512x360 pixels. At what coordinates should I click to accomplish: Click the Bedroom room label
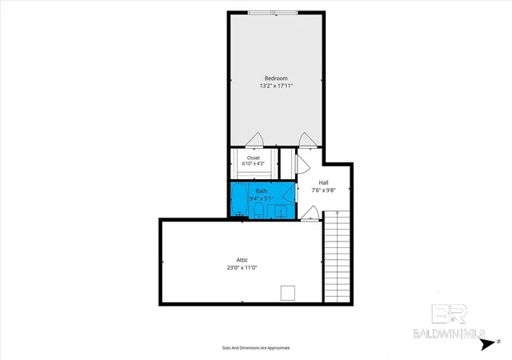click(276, 78)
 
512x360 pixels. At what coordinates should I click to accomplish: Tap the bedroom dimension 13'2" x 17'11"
click(276, 86)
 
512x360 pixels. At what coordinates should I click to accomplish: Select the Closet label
click(254, 158)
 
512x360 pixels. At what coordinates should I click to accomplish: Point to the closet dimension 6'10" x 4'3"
click(254, 163)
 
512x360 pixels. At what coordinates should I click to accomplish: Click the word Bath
click(262, 191)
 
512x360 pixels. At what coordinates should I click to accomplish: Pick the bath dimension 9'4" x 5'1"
click(262, 198)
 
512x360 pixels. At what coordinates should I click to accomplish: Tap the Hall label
click(323, 182)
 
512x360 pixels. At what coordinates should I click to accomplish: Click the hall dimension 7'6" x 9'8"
click(323, 190)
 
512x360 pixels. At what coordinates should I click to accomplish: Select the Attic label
click(242, 260)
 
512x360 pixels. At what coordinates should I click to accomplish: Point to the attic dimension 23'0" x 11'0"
click(242, 267)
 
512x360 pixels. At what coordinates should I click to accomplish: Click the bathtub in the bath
click(240, 199)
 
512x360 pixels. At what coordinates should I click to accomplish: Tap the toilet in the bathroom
click(258, 210)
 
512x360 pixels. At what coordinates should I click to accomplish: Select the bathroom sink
click(281, 212)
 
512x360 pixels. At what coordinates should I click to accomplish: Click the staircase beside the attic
click(337, 257)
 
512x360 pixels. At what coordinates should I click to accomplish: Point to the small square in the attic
click(288, 293)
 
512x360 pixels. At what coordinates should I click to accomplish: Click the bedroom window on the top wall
click(273, 13)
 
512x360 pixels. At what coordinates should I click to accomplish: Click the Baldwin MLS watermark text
click(449, 334)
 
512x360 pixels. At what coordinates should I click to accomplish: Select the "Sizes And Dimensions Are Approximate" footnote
click(256, 348)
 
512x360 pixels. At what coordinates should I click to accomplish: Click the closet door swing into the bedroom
click(254, 139)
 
